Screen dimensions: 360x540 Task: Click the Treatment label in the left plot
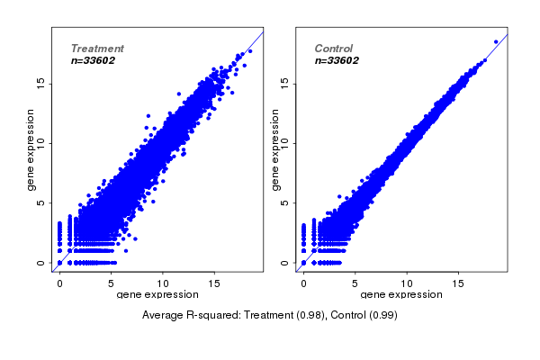97,49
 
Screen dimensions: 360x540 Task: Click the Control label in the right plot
334,49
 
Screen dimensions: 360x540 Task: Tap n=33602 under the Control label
337,60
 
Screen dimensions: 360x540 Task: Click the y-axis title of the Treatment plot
31,149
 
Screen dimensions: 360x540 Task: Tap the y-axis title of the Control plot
274,149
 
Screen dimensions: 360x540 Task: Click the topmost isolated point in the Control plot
495,41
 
